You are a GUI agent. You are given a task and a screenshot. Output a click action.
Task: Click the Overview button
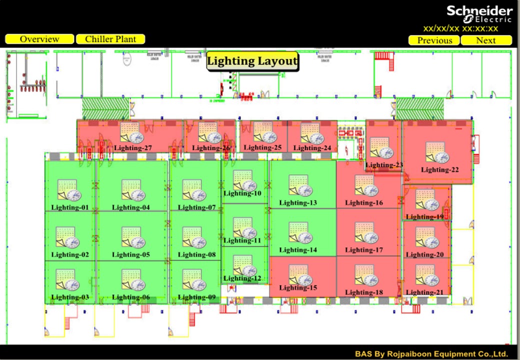[39, 39]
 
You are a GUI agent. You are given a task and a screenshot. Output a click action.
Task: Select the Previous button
[434, 40]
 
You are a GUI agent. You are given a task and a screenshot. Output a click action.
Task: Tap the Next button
[486, 40]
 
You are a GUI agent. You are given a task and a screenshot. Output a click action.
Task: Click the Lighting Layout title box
[252, 61]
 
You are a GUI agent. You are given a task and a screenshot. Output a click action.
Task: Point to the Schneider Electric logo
[479, 14]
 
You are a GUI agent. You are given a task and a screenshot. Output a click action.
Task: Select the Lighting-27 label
[133, 148]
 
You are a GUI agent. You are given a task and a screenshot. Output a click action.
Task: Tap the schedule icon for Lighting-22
[438, 153]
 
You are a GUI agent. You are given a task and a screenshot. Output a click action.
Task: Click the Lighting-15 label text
[298, 287]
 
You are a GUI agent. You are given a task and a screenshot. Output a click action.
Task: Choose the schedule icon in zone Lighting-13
[300, 186]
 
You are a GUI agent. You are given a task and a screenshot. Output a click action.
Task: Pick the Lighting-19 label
[424, 217]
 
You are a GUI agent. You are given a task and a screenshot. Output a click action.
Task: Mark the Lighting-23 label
[384, 165]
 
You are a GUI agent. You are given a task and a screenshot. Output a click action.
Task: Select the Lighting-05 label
[131, 254]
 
